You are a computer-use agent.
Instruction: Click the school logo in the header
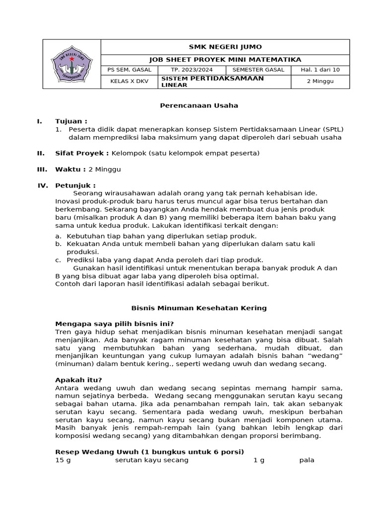(x=71, y=64)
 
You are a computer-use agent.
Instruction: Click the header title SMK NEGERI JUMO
(x=225, y=47)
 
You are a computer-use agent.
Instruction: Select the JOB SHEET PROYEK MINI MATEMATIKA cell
(x=225, y=60)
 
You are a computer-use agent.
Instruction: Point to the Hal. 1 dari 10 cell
(x=320, y=70)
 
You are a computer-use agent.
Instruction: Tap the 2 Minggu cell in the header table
(x=320, y=82)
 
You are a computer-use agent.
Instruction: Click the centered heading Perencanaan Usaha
(x=198, y=105)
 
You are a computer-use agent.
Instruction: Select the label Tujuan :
(x=71, y=121)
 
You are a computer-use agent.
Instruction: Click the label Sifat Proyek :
(x=82, y=153)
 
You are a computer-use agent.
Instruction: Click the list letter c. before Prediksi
(x=59, y=260)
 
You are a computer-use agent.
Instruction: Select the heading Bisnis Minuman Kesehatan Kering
(x=198, y=308)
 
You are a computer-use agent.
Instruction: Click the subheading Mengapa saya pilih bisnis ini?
(x=115, y=324)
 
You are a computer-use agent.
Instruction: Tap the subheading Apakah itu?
(x=78, y=380)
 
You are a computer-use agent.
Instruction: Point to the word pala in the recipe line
(x=307, y=460)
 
